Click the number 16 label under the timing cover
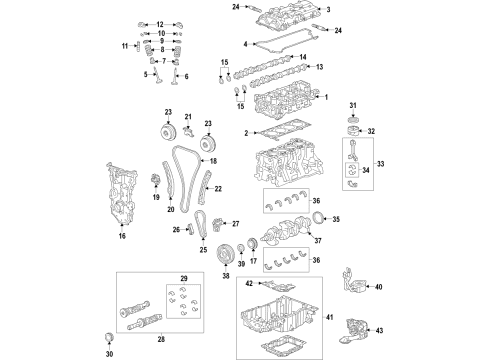point(122,237)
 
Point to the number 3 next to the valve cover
point(327,9)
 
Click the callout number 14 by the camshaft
point(300,59)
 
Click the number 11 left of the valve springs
point(126,46)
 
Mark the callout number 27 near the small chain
point(236,223)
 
